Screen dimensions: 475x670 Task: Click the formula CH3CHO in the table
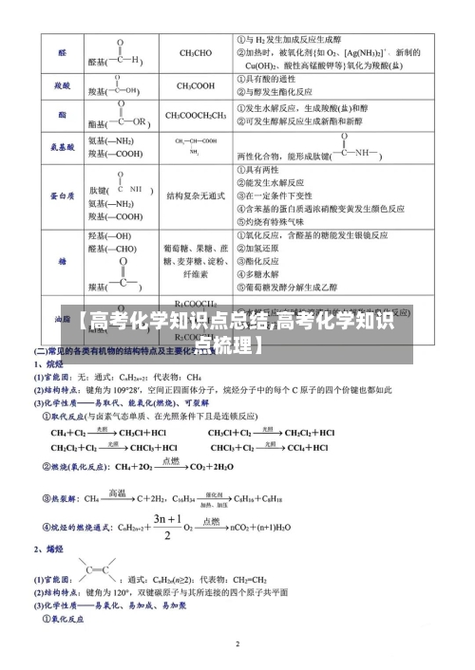[195, 53]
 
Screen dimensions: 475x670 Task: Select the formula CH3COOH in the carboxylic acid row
[195, 85]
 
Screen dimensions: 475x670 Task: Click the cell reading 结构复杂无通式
[196, 195]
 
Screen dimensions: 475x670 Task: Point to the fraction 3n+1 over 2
[167, 528]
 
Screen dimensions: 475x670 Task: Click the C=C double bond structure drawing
[95, 570]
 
